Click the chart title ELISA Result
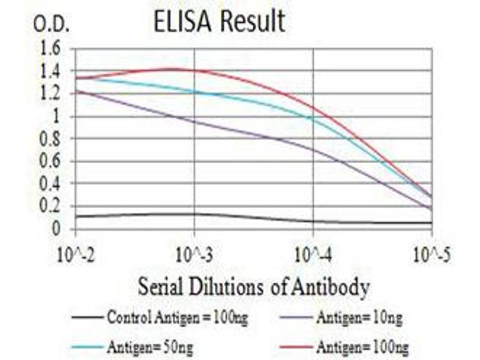tap(218, 22)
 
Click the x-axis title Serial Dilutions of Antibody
tap(253, 287)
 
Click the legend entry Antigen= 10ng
tap(359, 316)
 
